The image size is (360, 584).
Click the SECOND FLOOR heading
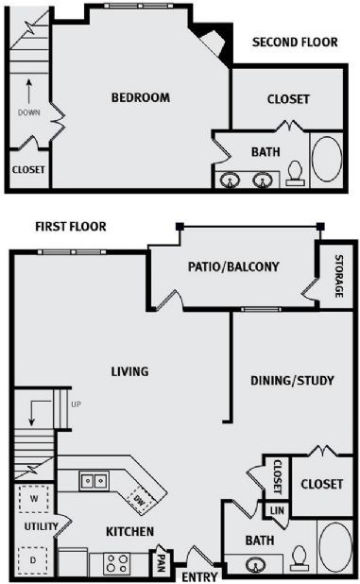295,43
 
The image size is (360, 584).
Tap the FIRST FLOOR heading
71,227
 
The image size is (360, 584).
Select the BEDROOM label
141,97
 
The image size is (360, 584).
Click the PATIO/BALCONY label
233,266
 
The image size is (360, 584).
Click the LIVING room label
129,371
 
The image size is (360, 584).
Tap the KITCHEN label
129,532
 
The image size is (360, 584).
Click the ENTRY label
199,576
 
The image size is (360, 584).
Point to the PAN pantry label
162,562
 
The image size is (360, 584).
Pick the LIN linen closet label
277,511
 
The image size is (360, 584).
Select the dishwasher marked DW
139,499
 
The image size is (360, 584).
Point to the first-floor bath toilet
300,557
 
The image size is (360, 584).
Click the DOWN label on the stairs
28,112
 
